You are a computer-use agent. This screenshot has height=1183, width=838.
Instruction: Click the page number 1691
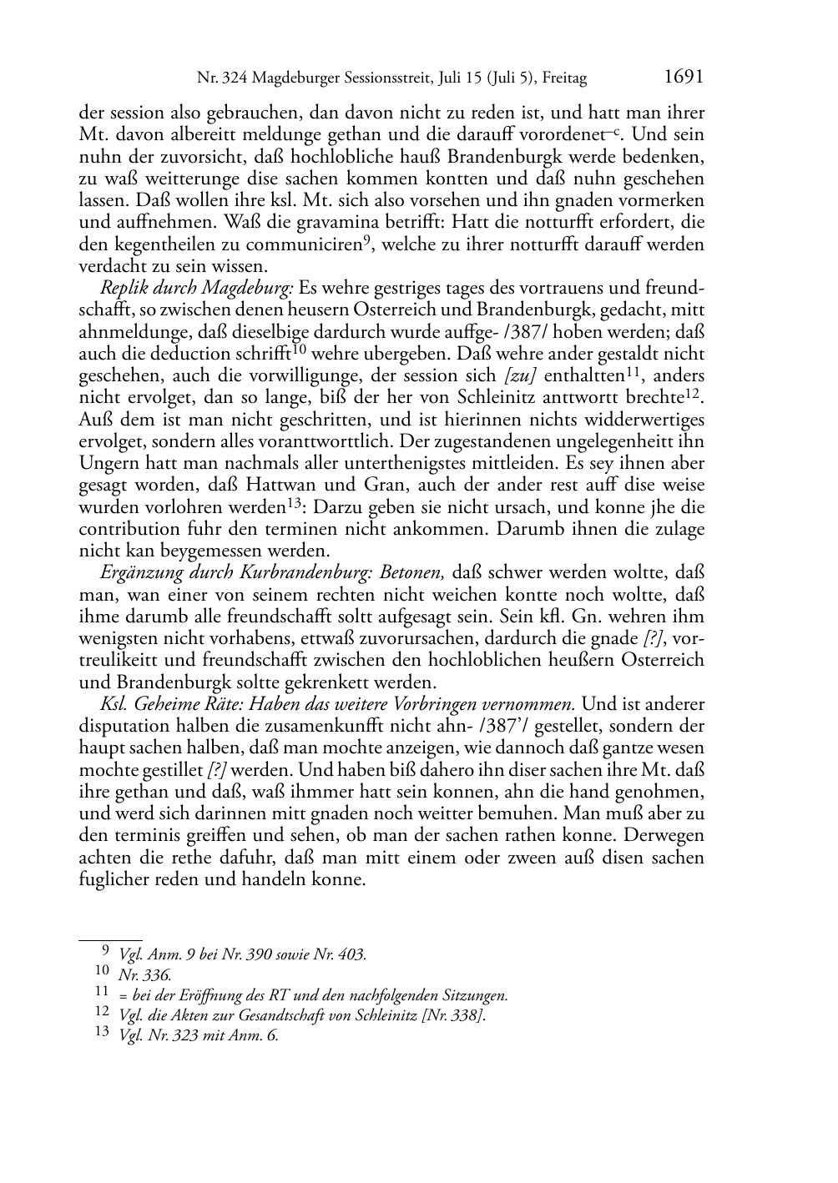coord(684,78)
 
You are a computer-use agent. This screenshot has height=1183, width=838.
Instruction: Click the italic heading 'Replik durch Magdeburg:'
coord(197,289)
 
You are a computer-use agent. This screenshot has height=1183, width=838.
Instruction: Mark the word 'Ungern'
coord(106,464)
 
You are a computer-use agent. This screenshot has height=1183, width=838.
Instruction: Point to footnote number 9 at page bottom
coord(105,951)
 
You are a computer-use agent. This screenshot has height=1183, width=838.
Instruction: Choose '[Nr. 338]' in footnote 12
coord(454,1015)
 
